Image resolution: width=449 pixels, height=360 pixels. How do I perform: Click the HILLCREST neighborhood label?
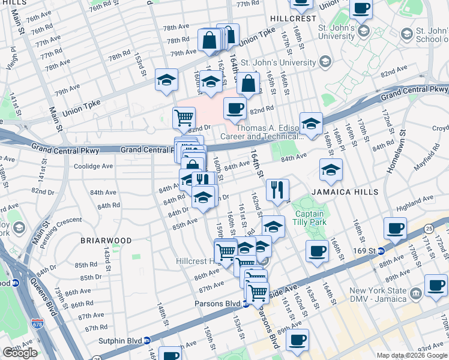[293, 19]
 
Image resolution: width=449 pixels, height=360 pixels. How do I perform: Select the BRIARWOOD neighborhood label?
[106, 241]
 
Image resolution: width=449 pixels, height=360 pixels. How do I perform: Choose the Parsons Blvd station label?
[217, 304]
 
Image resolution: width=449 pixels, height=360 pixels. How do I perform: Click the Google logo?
[19, 353]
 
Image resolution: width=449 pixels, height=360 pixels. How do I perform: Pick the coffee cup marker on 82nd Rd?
[235, 109]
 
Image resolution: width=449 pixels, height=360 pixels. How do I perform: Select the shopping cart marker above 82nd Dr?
[184, 117]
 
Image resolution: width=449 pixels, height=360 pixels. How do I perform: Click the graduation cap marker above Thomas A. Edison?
[311, 123]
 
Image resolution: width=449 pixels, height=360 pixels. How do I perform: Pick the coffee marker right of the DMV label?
[436, 285]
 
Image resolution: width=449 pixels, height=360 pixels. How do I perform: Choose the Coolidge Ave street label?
[93, 166]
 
